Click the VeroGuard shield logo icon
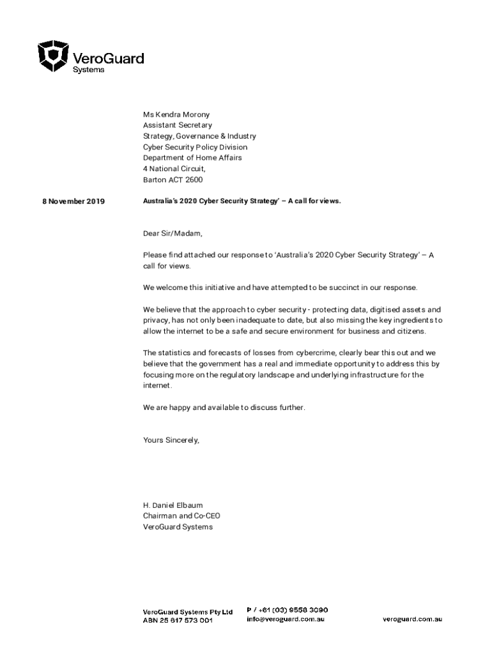(53, 56)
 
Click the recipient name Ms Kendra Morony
(176, 115)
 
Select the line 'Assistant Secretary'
(178, 126)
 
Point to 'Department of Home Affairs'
(192, 158)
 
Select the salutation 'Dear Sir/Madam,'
(173, 234)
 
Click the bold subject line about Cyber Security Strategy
(242, 201)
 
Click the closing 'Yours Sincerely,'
(171, 441)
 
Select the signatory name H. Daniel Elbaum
(173, 505)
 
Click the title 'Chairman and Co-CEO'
(182, 516)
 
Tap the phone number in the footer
(288, 610)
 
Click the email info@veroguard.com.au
(286, 620)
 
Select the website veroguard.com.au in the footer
(413, 620)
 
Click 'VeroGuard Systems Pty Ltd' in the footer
(187, 611)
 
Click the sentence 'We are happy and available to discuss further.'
(224, 407)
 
